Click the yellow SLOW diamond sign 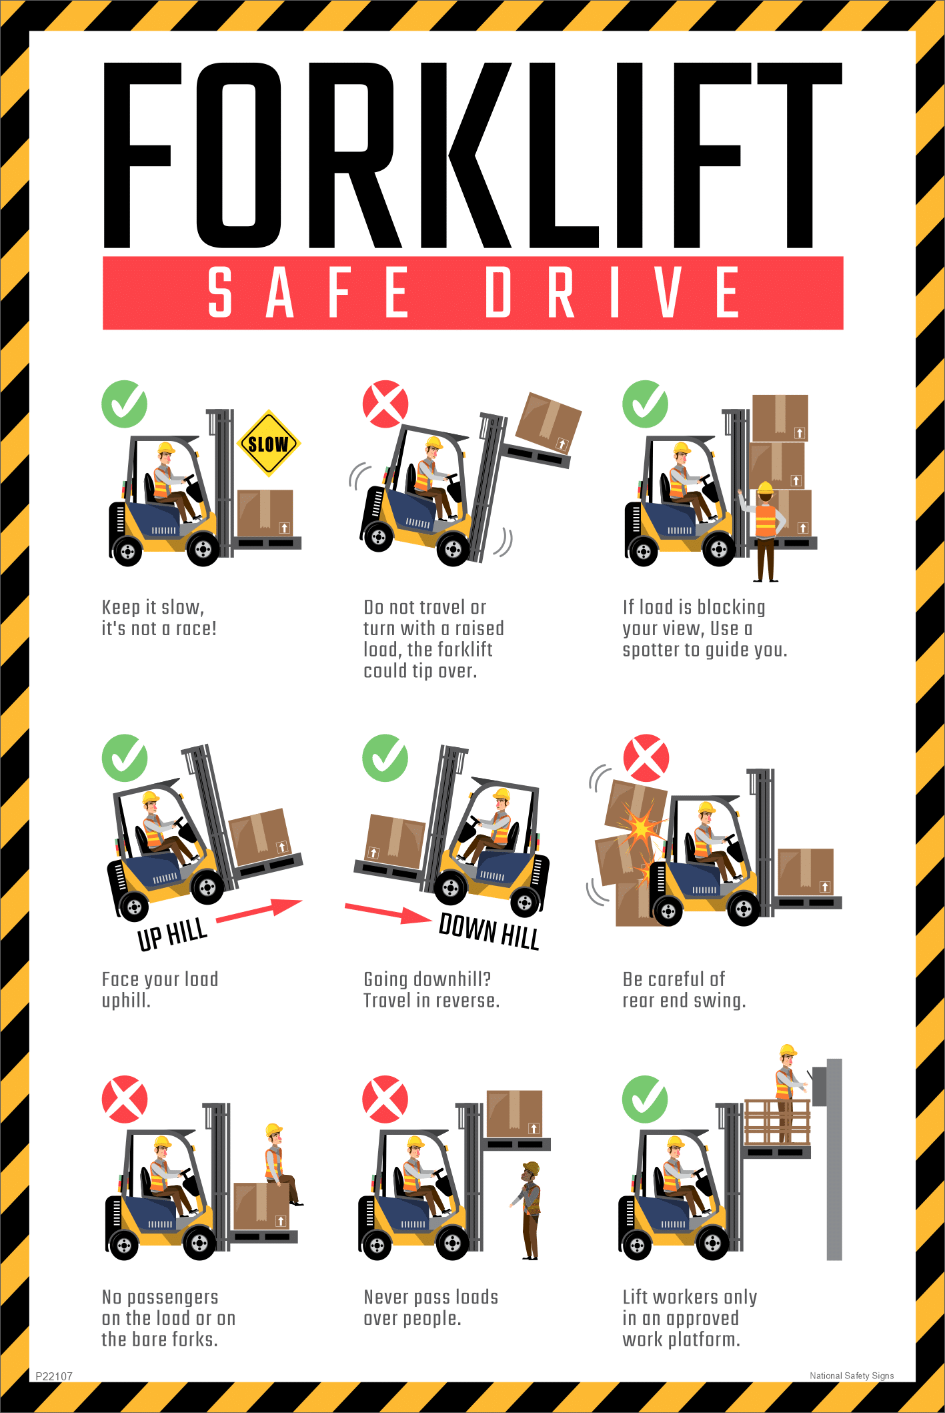pyautogui.click(x=268, y=444)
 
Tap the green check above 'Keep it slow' pyautogui.click(x=124, y=404)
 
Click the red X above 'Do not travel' pyautogui.click(x=385, y=404)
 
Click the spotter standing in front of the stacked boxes pyautogui.click(x=765, y=530)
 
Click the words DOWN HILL pyautogui.click(x=488, y=931)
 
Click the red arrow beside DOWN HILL pyautogui.click(x=387, y=913)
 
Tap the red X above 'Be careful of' pyautogui.click(x=646, y=759)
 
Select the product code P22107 pyautogui.click(x=54, y=1376)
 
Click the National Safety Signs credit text pyautogui.click(x=851, y=1375)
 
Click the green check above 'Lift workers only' pyautogui.click(x=644, y=1099)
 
